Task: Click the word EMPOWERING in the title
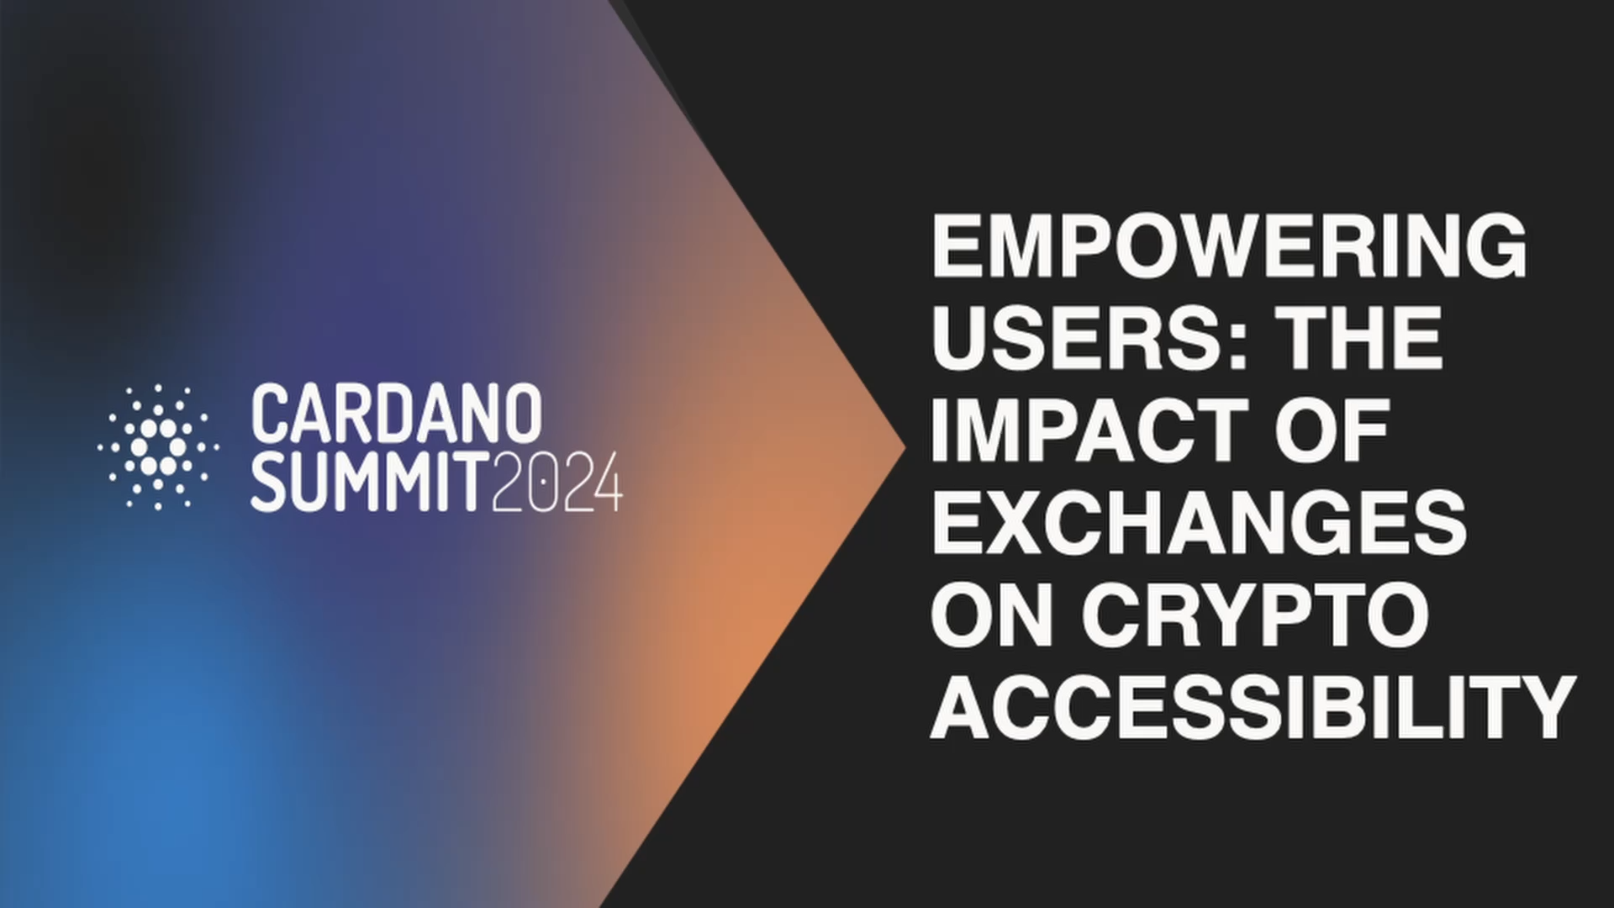(1229, 245)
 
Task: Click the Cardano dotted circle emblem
(158, 446)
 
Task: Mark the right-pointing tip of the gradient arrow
(905, 448)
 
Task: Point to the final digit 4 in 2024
(607, 482)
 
